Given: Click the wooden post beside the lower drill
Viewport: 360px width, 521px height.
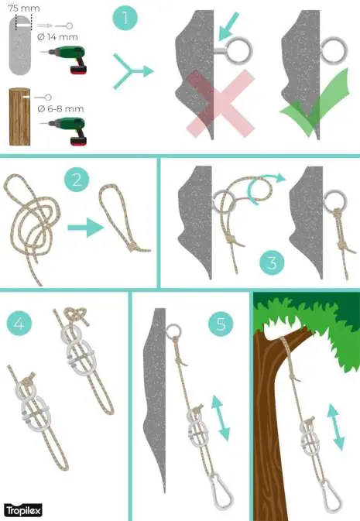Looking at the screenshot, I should (20, 117).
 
